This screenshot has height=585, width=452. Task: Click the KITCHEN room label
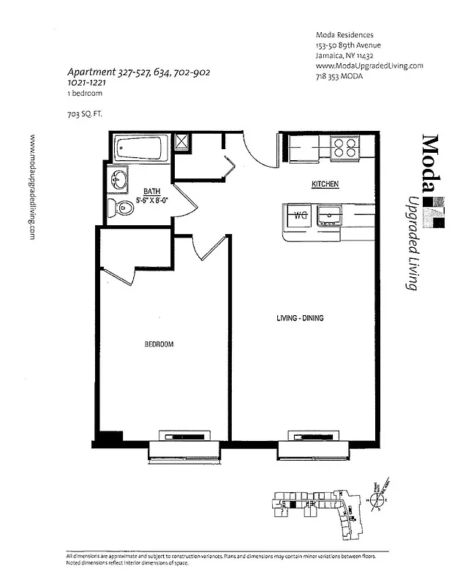pyautogui.click(x=325, y=184)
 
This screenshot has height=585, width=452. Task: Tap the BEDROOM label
pyautogui.click(x=159, y=344)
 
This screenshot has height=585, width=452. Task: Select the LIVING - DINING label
pyautogui.click(x=300, y=318)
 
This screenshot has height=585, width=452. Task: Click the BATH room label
pyautogui.click(x=151, y=191)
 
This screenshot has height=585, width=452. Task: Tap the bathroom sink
pyautogui.click(x=117, y=178)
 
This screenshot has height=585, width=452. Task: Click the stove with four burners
pyautogui.click(x=345, y=148)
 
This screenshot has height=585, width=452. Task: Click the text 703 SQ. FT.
pyautogui.click(x=86, y=113)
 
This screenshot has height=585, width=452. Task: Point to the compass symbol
pyautogui.click(x=379, y=501)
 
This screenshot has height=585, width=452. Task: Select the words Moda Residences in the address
pyautogui.click(x=344, y=34)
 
